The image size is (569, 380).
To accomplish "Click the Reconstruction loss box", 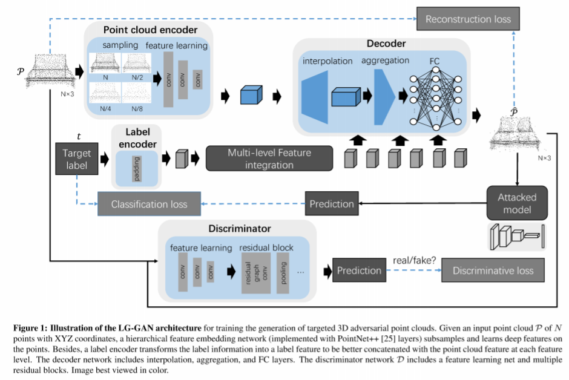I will point(468,19).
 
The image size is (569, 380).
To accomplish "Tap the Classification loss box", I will point(149,204).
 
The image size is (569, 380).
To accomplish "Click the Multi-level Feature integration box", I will point(269,159).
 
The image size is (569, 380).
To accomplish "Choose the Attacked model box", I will point(517,203).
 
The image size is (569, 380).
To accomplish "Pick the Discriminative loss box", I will point(493,270).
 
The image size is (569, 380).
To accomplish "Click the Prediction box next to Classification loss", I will point(331,204).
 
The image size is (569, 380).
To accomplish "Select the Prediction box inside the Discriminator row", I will point(359,270).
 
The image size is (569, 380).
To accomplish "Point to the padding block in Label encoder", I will point(136,168).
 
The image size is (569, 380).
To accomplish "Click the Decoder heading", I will point(386,44).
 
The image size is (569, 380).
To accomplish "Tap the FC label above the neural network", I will point(434,61).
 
